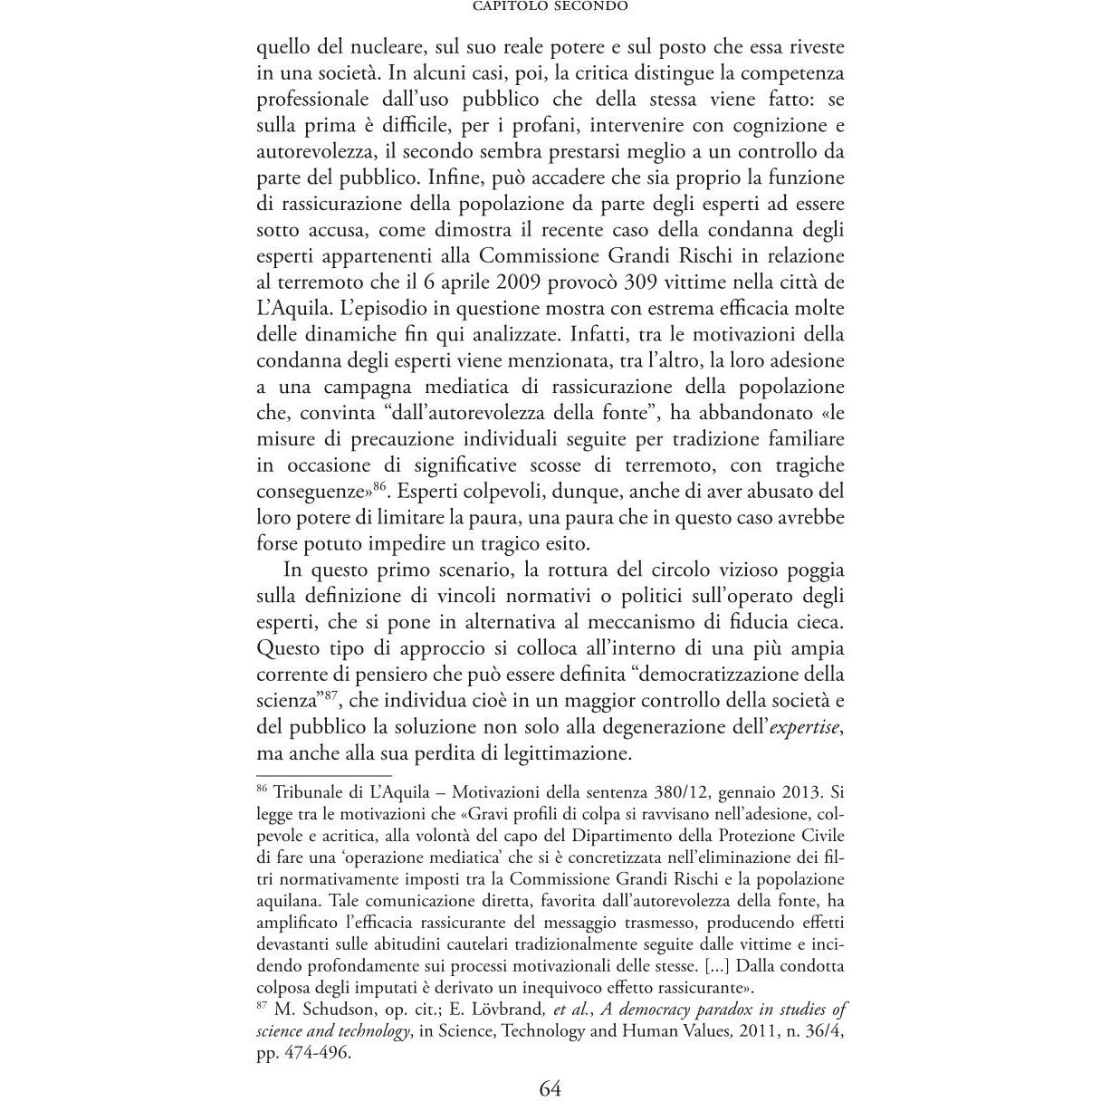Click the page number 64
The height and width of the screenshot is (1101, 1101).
(550, 1087)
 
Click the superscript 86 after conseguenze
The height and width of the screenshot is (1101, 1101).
(379, 486)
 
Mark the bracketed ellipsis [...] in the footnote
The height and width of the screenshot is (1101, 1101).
(717, 965)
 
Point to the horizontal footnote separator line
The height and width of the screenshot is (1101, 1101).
(324, 775)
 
